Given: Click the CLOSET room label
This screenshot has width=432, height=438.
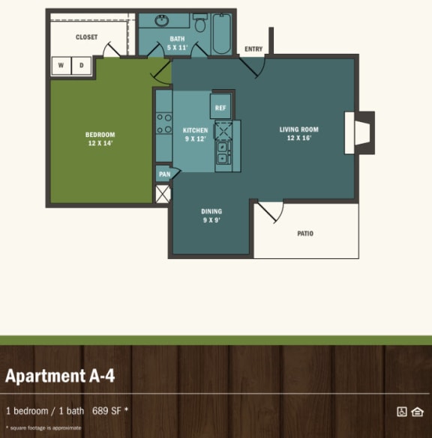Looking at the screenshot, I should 86,37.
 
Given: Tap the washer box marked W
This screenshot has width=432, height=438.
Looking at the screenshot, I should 61,66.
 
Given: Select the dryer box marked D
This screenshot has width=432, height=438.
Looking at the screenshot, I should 81,66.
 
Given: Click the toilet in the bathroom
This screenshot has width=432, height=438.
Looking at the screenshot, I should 200,23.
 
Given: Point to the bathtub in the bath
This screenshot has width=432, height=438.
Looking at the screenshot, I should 220,34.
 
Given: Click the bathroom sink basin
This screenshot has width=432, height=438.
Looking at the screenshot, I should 163,20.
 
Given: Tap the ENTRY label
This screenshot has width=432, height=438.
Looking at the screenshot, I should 253,49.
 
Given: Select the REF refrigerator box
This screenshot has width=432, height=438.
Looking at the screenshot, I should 220,107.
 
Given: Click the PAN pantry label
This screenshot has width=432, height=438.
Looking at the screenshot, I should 163,174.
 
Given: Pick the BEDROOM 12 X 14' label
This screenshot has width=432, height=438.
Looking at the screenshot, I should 100,139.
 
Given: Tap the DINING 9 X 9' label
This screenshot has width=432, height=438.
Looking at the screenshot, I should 212,216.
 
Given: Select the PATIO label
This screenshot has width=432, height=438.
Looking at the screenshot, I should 305,234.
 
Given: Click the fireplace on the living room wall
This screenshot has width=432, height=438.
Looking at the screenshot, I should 361,133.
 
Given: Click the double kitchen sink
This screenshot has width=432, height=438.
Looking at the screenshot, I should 223,153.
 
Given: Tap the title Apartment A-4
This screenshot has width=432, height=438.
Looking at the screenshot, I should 60,375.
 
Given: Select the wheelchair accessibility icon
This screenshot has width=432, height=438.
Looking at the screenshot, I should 401,411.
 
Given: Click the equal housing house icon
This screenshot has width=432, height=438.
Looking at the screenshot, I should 417,411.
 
